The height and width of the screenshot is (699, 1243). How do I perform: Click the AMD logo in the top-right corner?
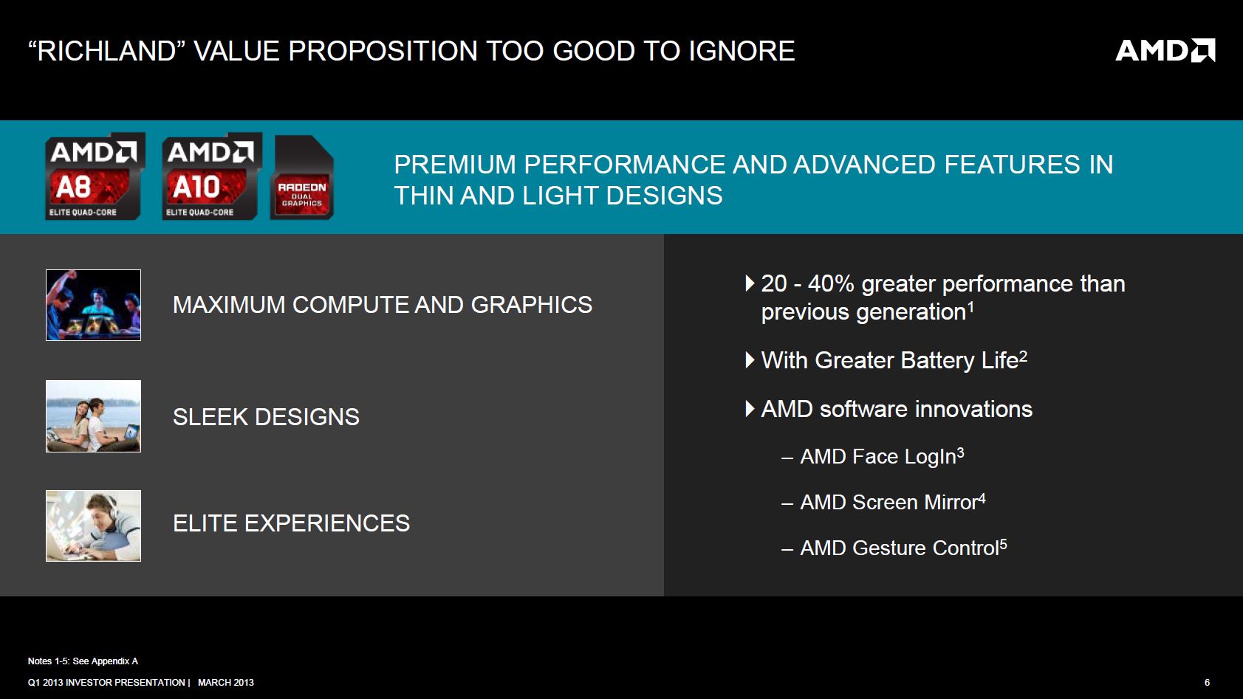(x=1165, y=50)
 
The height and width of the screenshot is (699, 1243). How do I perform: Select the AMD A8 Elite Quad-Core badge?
(x=95, y=176)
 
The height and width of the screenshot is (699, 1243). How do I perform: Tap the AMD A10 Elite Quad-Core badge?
(x=212, y=176)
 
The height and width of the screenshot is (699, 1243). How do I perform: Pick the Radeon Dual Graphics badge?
(x=302, y=178)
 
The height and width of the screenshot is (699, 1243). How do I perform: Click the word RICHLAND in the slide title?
(x=106, y=51)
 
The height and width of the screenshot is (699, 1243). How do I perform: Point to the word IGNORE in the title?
(x=742, y=51)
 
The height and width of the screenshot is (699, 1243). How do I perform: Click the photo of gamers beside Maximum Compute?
(x=93, y=305)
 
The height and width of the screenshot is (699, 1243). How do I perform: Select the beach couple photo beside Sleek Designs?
(x=93, y=416)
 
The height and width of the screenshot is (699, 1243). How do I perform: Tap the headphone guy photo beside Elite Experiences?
(x=93, y=526)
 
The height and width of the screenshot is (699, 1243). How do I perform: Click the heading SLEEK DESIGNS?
(x=266, y=417)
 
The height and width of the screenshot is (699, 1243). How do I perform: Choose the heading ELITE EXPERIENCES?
(x=291, y=523)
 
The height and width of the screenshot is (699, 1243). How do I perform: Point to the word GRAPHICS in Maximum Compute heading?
(x=532, y=305)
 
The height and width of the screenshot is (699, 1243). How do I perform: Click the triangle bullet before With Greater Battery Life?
(x=750, y=360)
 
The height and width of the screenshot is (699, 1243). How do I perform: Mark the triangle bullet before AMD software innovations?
(x=750, y=409)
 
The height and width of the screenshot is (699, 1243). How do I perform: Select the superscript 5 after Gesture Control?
(x=1003, y=544)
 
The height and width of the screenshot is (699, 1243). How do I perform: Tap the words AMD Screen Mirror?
(x=888, y=502)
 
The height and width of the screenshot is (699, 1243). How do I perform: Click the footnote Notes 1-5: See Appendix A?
(x=83, y=661)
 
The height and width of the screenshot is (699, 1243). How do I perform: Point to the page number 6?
(x=1207, y=682)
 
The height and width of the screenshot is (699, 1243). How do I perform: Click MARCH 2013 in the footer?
(x=226, y=682)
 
